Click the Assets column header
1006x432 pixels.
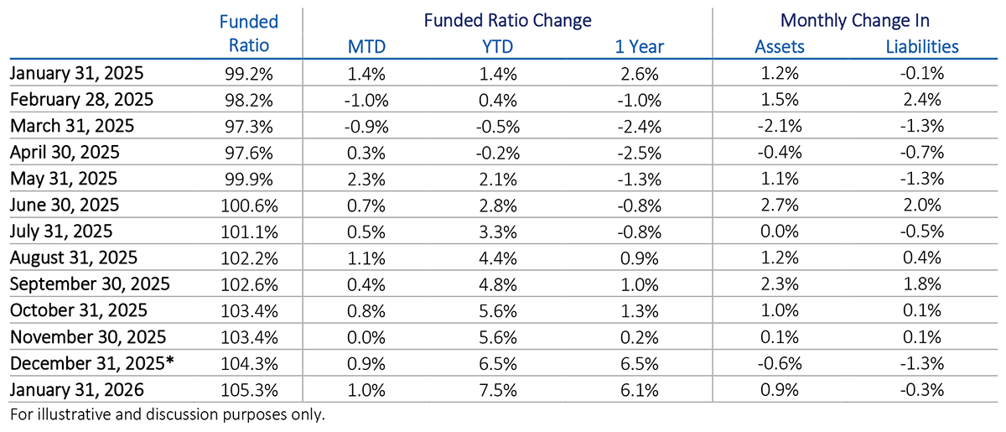point(780,47)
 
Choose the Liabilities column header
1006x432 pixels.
point(922,47)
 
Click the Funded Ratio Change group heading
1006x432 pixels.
point(507,20)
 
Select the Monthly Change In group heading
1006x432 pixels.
point(855,20)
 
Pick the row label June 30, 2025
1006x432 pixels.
point(65,205)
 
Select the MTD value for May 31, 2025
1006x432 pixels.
point(367,180)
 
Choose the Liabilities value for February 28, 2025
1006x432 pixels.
point(922,100)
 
